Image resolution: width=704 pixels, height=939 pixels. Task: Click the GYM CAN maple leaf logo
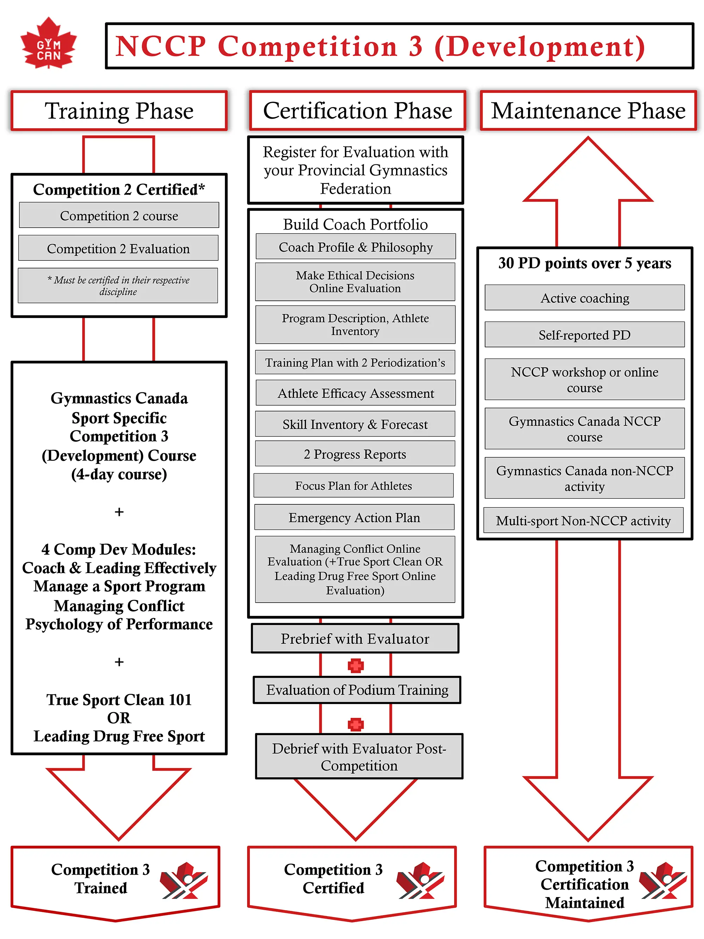pos(48,44)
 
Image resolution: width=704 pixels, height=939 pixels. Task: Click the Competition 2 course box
pos(119,216)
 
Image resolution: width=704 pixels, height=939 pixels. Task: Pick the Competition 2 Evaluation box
pos(118,248)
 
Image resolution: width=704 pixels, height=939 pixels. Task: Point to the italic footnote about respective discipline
pos(118,286)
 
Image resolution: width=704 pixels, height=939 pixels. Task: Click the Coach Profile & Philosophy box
pos(356,247)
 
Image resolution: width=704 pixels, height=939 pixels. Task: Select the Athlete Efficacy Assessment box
pos(356,393)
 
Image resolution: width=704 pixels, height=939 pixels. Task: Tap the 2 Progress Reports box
pos(355,454)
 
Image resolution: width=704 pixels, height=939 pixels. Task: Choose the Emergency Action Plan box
pos(354,517)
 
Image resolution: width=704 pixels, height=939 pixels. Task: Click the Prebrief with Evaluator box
pos(355,639)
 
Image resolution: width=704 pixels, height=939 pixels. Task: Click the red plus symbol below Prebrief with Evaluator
pos(356,666)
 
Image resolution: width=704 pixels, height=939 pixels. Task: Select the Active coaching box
pos(584,298)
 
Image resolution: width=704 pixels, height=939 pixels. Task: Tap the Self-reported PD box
pos(584,335)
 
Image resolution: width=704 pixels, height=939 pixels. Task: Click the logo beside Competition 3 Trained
pos(184,881)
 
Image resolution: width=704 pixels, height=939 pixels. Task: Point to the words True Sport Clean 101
pos(119,699)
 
